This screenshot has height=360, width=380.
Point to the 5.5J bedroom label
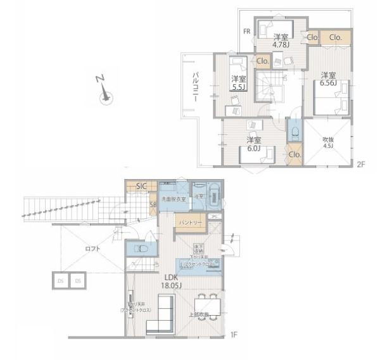pos(237,83)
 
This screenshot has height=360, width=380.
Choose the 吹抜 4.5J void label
pos(327,142)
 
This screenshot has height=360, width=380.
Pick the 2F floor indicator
pos(361,164)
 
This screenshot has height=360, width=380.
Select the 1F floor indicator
pos(232,333)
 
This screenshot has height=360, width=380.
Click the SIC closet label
pos(142,187)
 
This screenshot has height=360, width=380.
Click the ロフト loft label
pos(92,249)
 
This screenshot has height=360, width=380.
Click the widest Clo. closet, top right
pos(334,37)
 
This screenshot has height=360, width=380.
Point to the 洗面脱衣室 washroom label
pos(172,199)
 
